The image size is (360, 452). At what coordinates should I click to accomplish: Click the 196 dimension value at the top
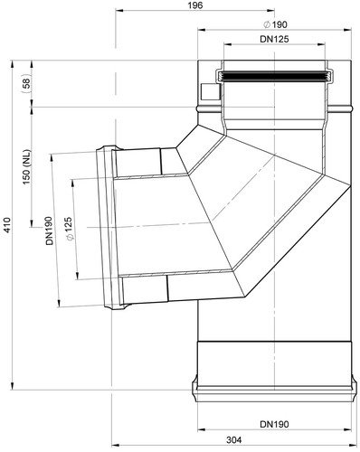pyautogui.click(x=196, y=5)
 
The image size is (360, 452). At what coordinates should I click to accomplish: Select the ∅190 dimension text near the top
pyautogui.click(x=275, y=24)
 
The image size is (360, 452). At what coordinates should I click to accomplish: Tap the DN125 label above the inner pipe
pyautogui.click(x=274, y=39)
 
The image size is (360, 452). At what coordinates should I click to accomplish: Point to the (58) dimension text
pyautogui.click(x=27, y=83)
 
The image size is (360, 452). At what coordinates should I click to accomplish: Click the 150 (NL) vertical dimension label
pyautogui.click(x=27, y=167)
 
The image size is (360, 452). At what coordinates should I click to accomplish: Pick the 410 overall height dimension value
pyautogui.click(x=7, y=224)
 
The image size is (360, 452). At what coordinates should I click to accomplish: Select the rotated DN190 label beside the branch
pyautogui.click(x=49, y=231)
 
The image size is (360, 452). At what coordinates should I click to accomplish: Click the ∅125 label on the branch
pyautogui.click(x=69, y=229)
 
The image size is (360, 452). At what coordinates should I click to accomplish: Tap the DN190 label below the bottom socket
pyautogui.click(x=274, y=424)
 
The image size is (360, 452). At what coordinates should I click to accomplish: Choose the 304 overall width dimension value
pyautogui.click(x=234, y=440)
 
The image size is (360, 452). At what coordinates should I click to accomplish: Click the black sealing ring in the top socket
pyautogui.click(x=274, y=77)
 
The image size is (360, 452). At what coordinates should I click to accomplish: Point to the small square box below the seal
pyautogui.click(x=210, y=91)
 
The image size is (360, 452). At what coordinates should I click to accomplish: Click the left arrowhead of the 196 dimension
pyautogui.click(x=119, y=11)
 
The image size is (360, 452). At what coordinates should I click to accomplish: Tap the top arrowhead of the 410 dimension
pyautogui.click(x=13, y=64)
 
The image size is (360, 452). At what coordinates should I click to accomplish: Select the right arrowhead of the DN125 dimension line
pyautogui.click(x=321, y=44)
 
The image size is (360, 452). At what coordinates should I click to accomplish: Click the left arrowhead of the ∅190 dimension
pyautogui.click(x=202, y=30)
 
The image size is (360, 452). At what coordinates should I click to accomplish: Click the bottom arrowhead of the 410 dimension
pyautogui.click(x=13, y=386)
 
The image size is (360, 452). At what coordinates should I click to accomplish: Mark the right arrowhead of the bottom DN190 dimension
pyautogui.click(x=347, y=429)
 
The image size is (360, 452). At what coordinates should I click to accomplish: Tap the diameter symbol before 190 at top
pyautogui.click(x=267, y=25)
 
